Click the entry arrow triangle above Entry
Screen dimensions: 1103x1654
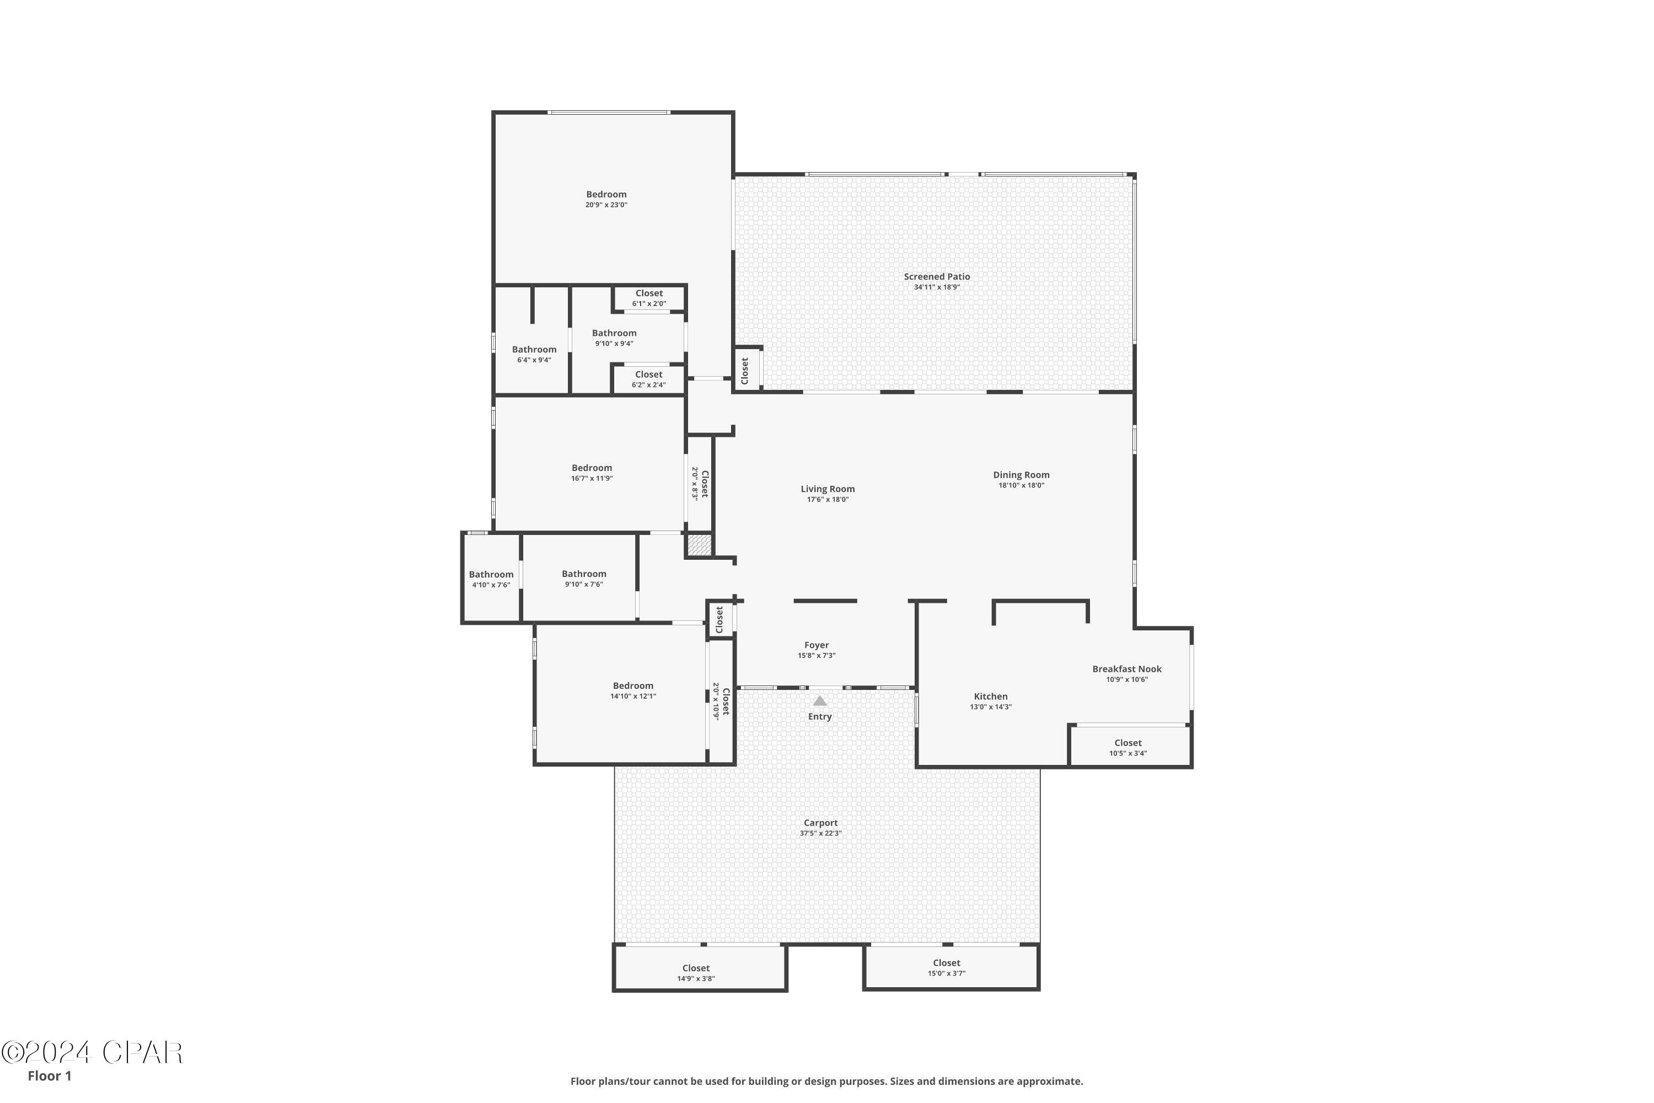820,700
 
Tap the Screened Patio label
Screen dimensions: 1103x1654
937,276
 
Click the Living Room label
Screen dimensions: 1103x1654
828,489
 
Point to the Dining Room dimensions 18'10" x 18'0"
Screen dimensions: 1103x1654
1021,485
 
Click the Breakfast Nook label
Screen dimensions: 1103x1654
1126,669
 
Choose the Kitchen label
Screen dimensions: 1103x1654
990,697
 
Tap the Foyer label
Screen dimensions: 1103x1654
817,645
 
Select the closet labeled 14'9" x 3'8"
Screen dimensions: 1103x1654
696,973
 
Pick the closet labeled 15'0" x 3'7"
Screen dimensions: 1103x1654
947,968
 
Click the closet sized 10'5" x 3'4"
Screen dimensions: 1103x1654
1128,748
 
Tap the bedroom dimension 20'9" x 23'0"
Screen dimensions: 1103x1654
606,205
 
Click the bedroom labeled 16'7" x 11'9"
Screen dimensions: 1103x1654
592,473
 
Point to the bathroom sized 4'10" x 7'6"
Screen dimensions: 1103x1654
491,580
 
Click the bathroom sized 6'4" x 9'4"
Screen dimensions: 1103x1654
534,355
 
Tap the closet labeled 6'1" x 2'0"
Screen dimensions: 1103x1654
649,298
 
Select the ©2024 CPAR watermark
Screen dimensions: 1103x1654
92,1053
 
